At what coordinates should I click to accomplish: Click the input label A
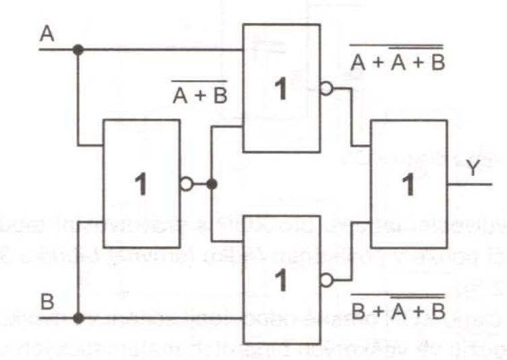click(46, 34)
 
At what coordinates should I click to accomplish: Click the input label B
click(46, 302)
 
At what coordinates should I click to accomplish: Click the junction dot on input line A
click(78, 50)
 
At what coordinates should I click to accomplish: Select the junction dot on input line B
click(78, 318)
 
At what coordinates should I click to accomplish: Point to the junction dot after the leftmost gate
click(212, 184)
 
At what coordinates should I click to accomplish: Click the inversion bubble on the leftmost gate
click(186, 184)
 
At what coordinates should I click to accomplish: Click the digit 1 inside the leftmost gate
click(140, 185)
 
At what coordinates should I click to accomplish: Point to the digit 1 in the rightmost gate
click(407, 185)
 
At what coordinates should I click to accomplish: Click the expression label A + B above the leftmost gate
click(200, 96)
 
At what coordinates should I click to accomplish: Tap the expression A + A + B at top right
click(397, 62)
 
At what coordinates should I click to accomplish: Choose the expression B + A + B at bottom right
click(398, 311)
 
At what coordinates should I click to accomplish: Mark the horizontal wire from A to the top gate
click(162, 50)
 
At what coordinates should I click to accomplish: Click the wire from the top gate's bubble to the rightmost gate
click(352, 115)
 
